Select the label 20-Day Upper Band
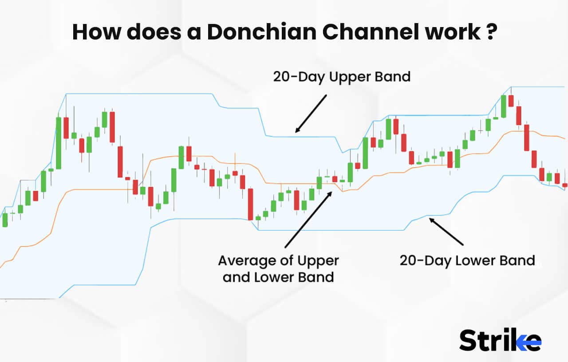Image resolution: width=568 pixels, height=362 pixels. (x=342, y=77)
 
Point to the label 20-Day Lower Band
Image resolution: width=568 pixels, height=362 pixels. (x=467, y=260)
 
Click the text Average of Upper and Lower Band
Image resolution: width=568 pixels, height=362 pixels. (x=278, y=269)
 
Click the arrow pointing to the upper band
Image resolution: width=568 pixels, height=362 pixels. (x=311, y=114)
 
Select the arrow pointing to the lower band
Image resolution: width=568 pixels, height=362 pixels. (x=446, y=231)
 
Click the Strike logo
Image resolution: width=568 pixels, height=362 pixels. (x=500, y=340)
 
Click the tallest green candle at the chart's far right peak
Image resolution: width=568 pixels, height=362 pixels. (x=504, y=106)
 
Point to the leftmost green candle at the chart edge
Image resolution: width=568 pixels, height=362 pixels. (x=5, y=220)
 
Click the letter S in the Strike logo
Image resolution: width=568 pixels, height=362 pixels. (x=469, y=340)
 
